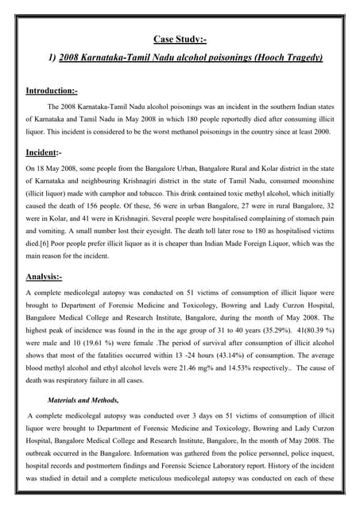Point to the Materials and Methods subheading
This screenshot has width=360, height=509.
click(x=83, y=400)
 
